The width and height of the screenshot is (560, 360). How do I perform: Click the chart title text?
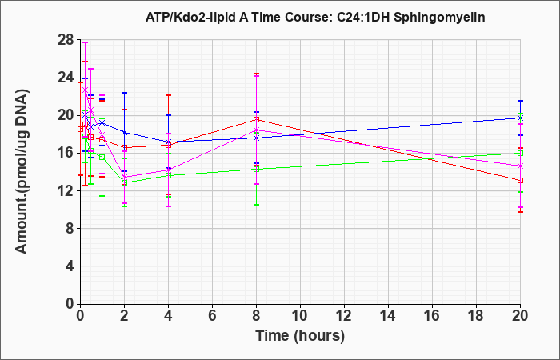[x=315, y=17]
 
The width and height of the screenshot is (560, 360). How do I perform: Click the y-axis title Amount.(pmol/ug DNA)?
[x=22, y=172]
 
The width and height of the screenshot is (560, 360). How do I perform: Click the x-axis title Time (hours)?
[x=300, y=336]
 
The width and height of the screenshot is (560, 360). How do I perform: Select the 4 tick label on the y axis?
[x=71, y=266]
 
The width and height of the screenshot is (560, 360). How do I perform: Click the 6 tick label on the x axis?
[x=212, y=316]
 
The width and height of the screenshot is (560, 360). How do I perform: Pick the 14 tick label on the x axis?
[x=388, y=316]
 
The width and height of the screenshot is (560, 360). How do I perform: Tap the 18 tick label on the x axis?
[x=477, y=316]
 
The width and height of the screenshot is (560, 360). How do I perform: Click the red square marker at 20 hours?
[x=520, y=180]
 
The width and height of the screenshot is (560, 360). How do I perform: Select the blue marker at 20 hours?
[x=520, y=118]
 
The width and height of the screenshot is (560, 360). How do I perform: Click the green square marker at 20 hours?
[x=520, y=154]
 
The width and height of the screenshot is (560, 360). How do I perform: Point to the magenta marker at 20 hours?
[x=520, y=166]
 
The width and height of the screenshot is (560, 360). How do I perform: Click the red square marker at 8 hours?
[x=257, y=120]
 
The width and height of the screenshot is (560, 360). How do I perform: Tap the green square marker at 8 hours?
[x=257, y=169]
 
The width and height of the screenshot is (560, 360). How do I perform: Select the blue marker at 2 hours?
[x=124, y=132]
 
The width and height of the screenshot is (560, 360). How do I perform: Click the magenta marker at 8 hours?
[x=257, y=130]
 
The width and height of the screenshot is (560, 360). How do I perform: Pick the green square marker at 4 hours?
[x=168, y=176]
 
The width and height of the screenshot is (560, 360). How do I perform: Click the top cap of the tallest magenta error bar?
[x=85, y=42]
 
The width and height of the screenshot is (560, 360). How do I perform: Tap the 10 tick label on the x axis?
[x=300, y=316]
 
